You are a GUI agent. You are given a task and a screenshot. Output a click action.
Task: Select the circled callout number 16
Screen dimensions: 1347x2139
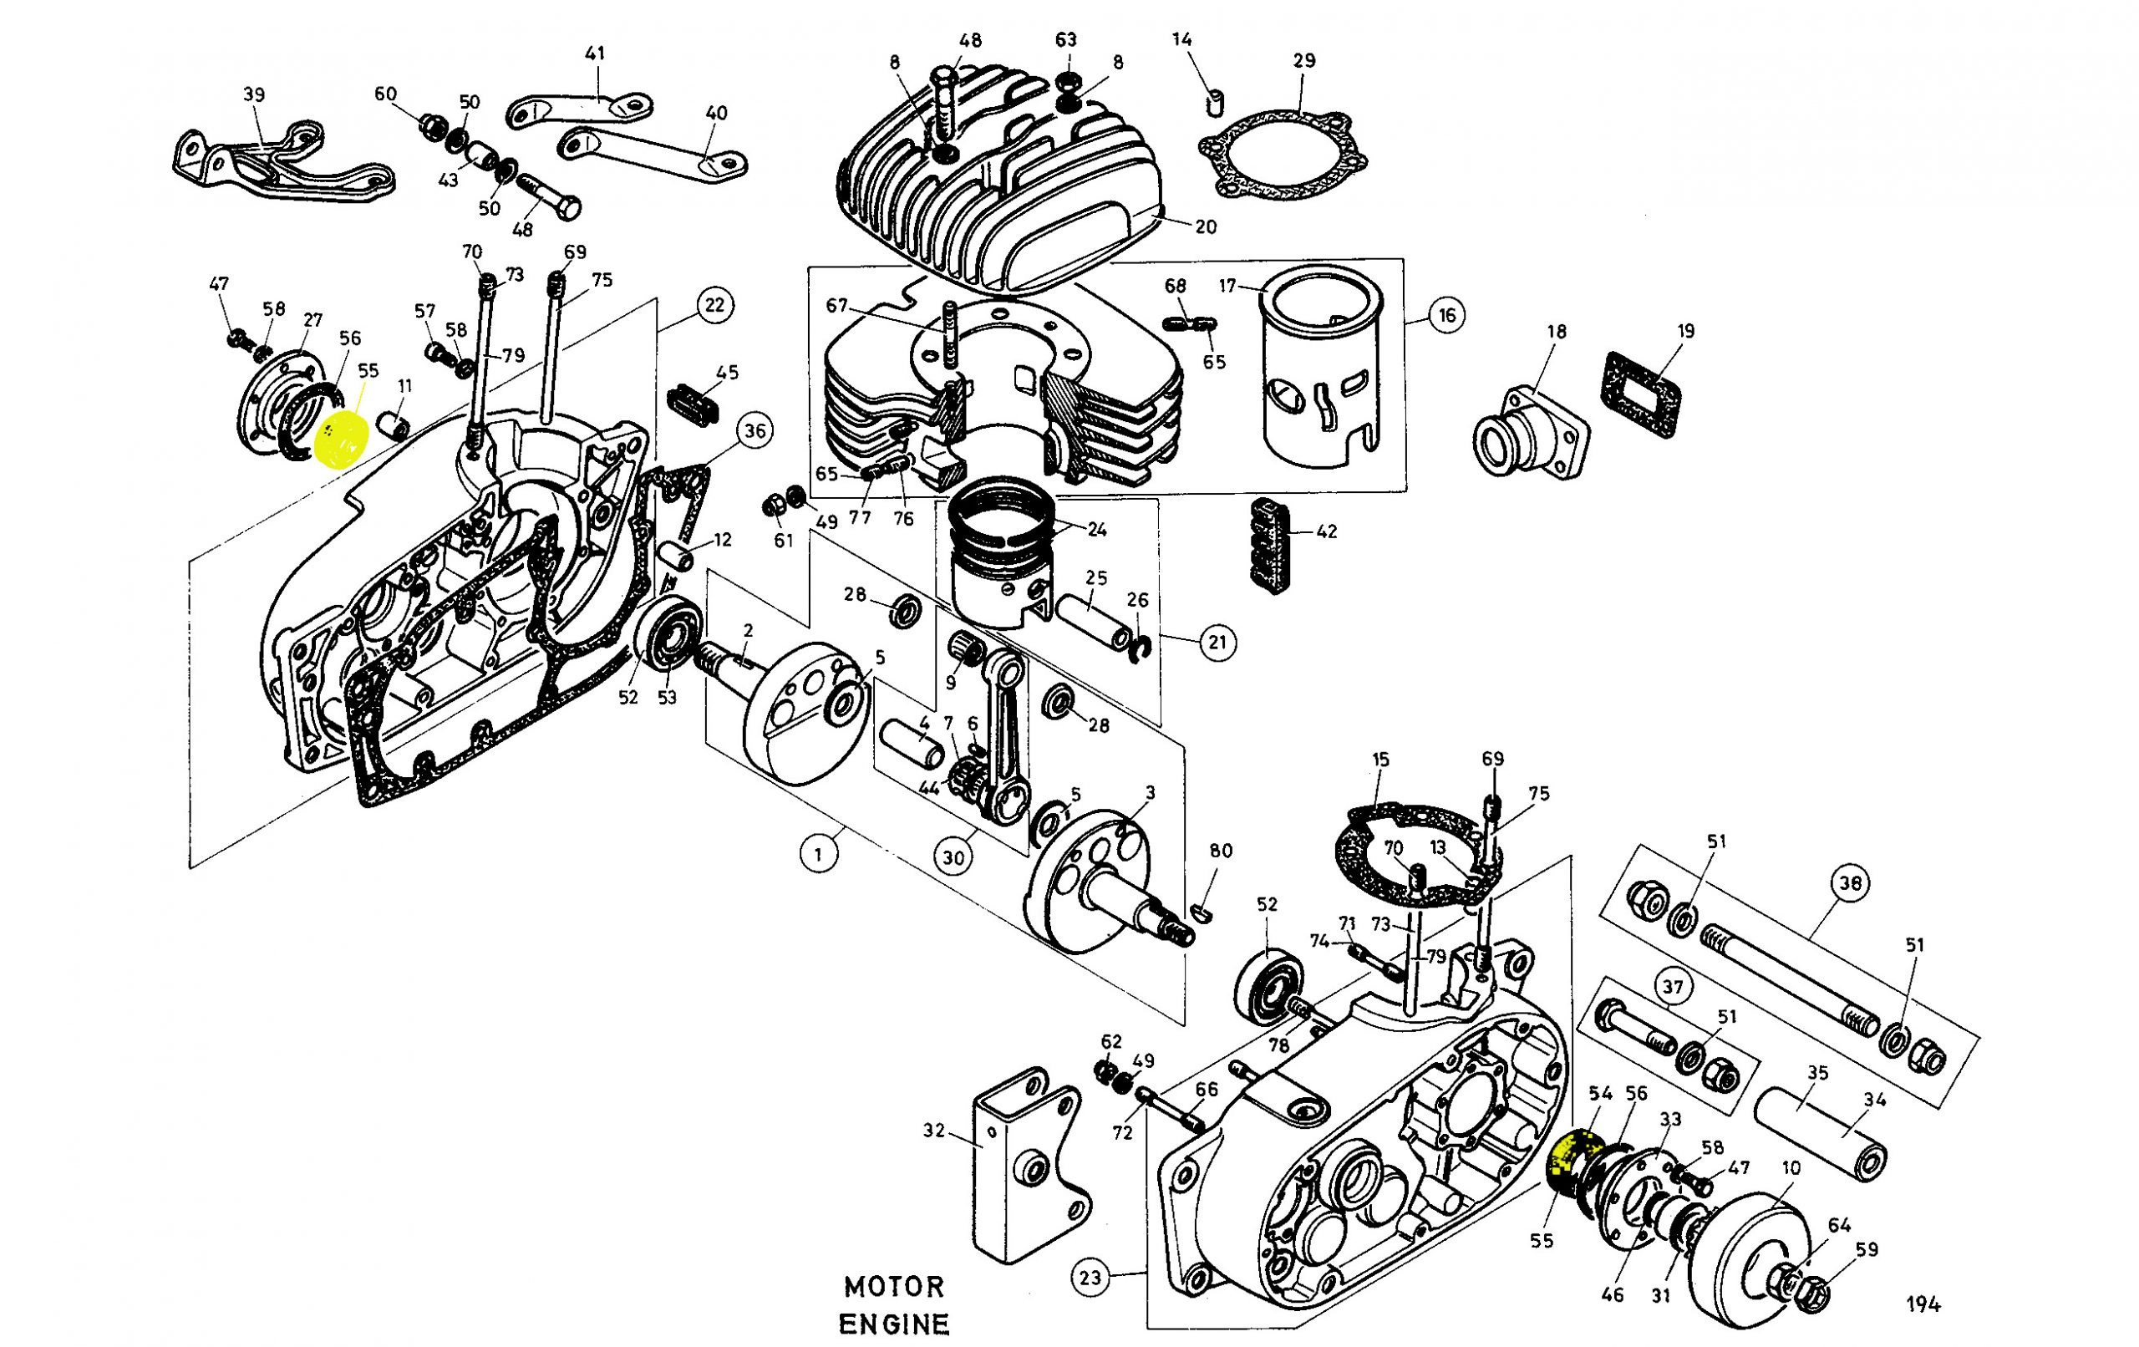tap(1447, 315)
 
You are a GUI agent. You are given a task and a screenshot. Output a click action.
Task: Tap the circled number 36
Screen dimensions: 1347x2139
tap(754, 432)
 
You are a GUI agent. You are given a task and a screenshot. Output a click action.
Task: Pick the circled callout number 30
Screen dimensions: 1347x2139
tap(953, 857)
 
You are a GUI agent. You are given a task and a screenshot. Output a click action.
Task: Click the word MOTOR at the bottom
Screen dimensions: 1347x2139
tap(895, 1286)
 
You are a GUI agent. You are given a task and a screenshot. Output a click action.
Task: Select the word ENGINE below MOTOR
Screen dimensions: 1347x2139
tap(895, 1324)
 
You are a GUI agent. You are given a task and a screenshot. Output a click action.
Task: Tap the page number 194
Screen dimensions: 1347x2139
tap(1923, 1304)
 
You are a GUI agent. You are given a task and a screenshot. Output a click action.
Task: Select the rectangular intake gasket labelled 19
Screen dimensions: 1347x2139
tap(1643, 394)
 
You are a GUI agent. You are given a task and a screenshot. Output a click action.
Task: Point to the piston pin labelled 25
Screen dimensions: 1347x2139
tap(1094, 621)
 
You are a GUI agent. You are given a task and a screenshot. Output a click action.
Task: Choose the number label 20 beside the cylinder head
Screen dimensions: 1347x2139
tap(1206, 226)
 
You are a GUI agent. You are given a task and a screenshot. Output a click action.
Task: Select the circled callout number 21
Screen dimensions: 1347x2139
tap(1217, 642)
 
